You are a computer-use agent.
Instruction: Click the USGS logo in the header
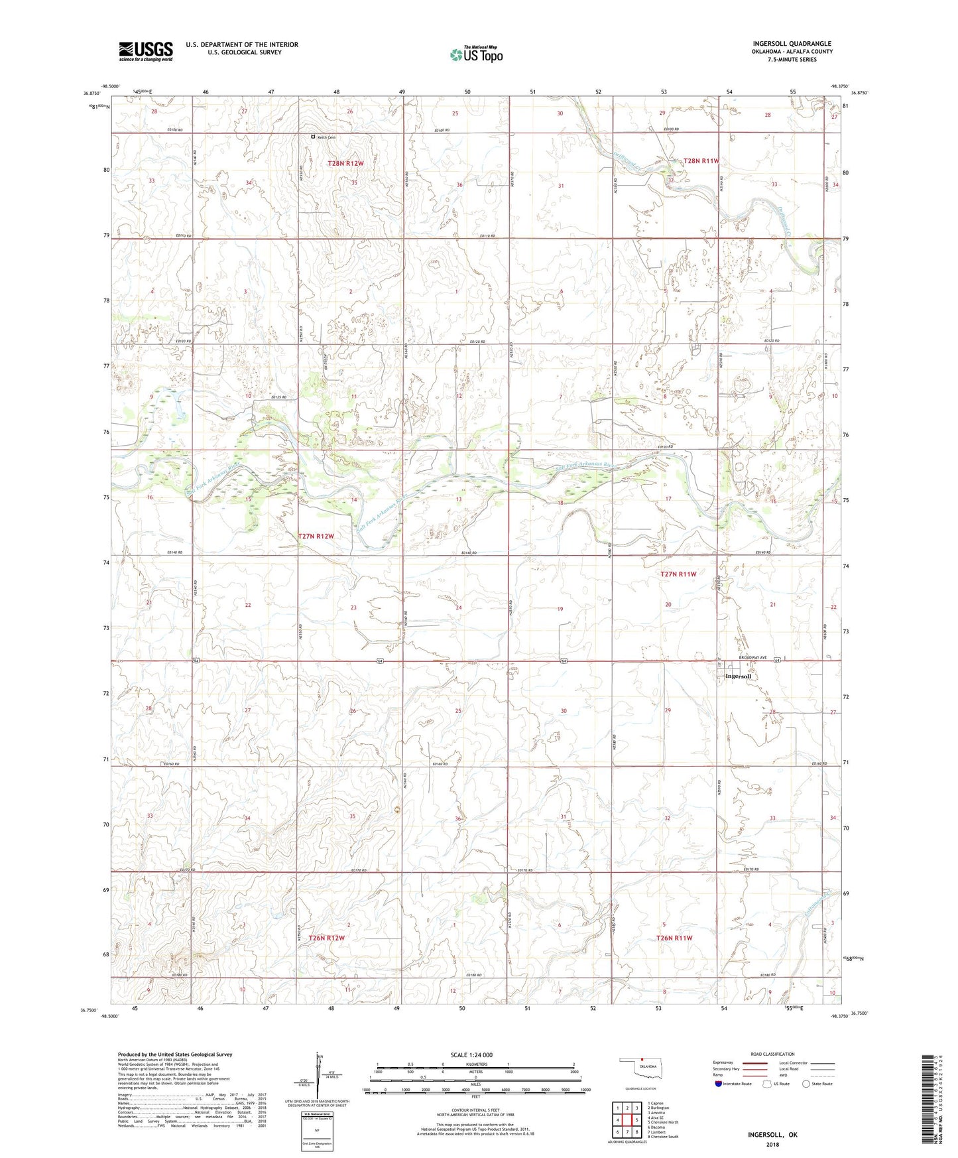pos(145,51)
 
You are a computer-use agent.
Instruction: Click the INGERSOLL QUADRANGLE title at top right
pos(792,44)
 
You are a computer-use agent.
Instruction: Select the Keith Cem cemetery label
pos(326,137)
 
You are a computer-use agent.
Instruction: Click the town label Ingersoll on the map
pos(738,677)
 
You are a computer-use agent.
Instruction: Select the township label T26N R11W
pos(674,938)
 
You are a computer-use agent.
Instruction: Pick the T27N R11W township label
pos(678,574)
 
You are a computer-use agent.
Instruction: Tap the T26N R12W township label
pos(326,938)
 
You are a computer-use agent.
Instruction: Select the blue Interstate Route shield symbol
pos(720,1084)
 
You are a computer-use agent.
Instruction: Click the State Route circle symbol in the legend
pos(806,1084)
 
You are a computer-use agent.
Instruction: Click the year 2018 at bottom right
pos(772,1143)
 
